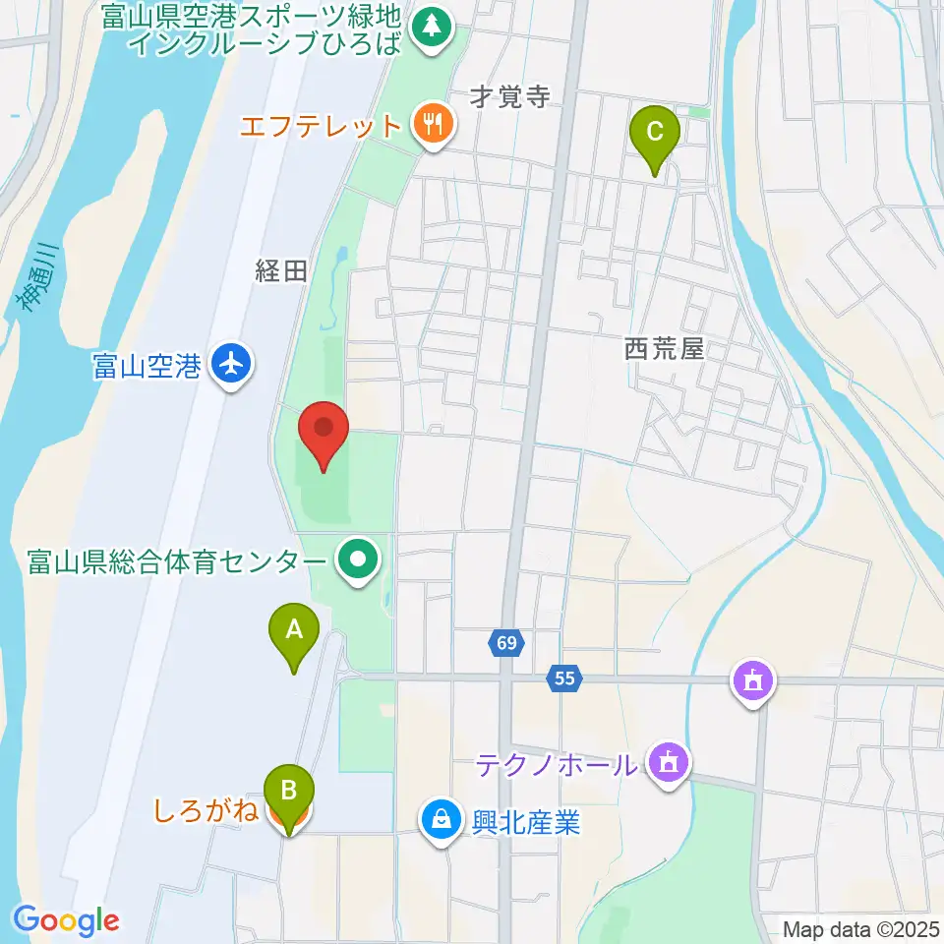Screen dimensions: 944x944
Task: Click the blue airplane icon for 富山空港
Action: click(232, 366)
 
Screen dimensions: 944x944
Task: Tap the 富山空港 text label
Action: click(147, 367)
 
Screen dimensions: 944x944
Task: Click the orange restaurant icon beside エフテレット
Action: click(433, 125)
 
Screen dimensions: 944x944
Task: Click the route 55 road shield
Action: click(564, 678)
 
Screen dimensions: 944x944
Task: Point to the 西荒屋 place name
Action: click(665, 349)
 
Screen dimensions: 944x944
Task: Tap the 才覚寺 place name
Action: click(508, 96)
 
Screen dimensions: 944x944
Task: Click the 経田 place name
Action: click(282, 272)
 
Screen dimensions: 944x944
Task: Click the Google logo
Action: click(66, 920)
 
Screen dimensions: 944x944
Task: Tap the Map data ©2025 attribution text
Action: click(859, 928)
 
